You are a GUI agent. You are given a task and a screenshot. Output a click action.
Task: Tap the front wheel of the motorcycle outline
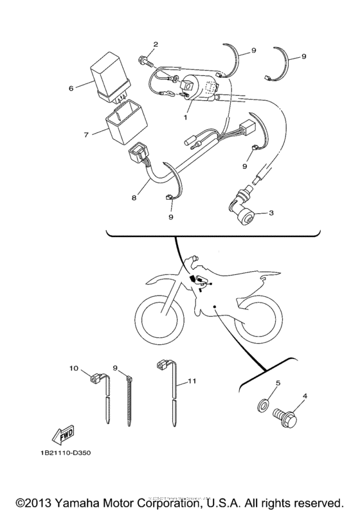click(x=159, y=315)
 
